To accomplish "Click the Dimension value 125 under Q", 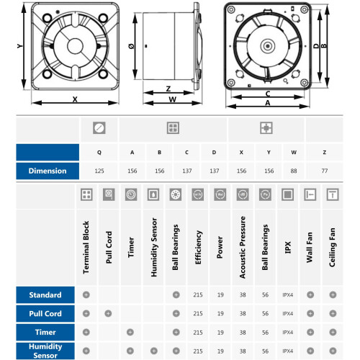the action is click(x=99, y=171).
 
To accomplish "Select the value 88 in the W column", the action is click(x=294, y=171).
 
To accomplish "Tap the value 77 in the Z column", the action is click(x=324, y=171).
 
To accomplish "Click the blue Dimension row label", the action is click(x=48, y=171).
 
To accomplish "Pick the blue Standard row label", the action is click(x=45, y=294).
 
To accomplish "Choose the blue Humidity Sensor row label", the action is click(x=45, y=351).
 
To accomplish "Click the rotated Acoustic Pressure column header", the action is click(x=243, y=247).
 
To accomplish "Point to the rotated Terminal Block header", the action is click(x=86, y=247).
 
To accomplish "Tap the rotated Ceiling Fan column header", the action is click(x=332, y=247).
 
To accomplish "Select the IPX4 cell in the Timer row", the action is click(x=287, y=333).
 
